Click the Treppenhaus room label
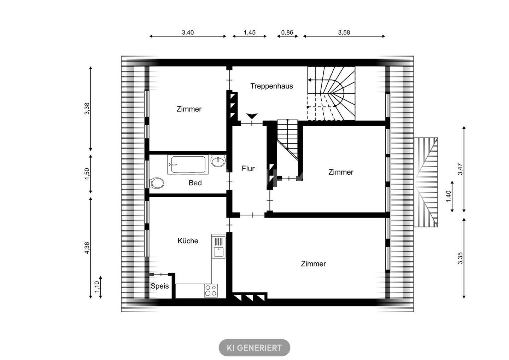pos(271,86)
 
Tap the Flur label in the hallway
pos(248,168)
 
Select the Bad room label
pos(195,183)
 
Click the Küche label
pos(188,241)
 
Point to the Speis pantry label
pos(159,286)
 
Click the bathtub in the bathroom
pos(188,164)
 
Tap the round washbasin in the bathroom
pos(218,161)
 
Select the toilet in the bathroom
pos(157,183)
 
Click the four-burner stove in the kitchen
pos(211,290)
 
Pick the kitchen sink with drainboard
pos(218,246)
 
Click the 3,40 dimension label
pos(188,33)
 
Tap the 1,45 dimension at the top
pos(250,33)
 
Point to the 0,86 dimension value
pos(287,33)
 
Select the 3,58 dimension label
pos(344,33)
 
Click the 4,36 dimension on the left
pos(87,248)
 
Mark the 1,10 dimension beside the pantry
pos(97,287)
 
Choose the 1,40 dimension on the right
pos(448,196)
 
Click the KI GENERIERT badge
pos(254,348)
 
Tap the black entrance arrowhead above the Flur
pos(252,116)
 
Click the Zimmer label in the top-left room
pos(189,109)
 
